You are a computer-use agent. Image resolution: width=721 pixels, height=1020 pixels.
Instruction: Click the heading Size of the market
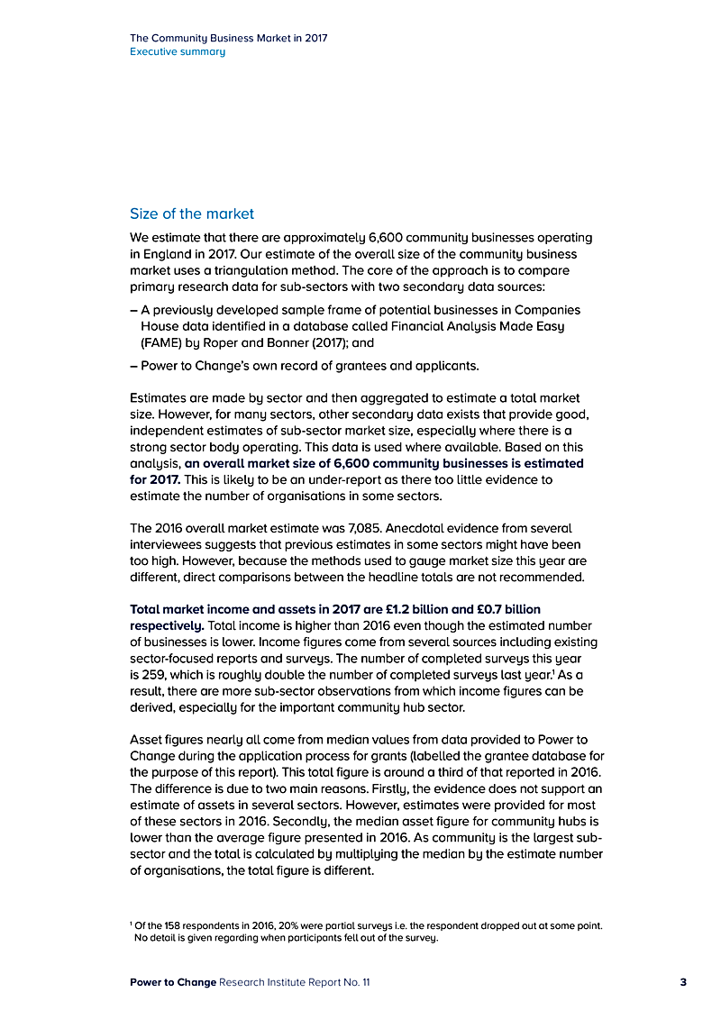(192, 214)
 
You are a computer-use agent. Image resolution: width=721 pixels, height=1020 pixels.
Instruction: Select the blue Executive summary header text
(178, 52)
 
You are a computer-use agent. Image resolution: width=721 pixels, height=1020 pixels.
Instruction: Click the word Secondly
(348, 821)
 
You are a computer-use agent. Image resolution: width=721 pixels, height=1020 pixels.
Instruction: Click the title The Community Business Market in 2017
(229, 39)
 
